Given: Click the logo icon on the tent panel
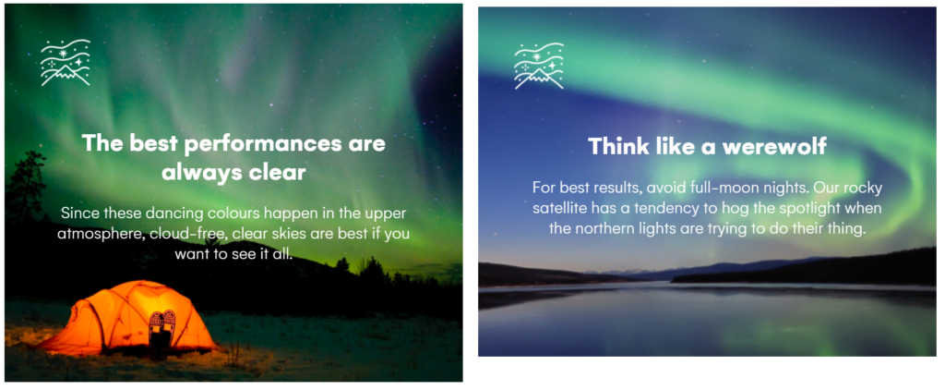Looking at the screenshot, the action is pos(66,63).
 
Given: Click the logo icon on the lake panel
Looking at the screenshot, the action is pos(539,66).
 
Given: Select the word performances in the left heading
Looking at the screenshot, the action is pos(251,144).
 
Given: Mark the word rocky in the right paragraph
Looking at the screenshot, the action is pos(863,189).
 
